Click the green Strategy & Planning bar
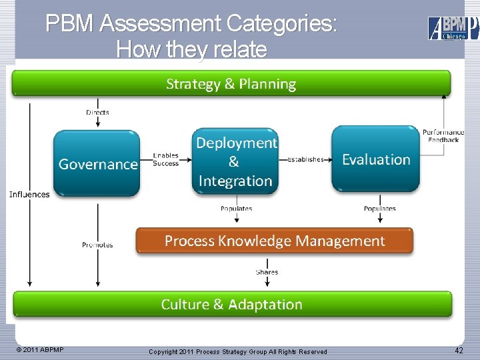click(x=231, y=84)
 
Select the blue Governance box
click(x=97, y=163)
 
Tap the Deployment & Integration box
click(x=235, y=161)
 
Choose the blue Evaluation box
click(x=375, y=159)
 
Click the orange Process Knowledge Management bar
click(x=274, y=241)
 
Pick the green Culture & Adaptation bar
click(x=231, y=304)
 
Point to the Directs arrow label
click(x=98, y=113)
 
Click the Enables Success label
click(x=165, y=159)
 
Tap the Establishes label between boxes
click(x=305, y=160)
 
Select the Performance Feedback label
click(x=443, y=136)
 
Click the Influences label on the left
click(x=29, y=195)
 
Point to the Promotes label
click(x=97, y=245)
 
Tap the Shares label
click(x=267, y=272)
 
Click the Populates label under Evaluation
click(x=379, y=209)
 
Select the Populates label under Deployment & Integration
click(x=236, y=209)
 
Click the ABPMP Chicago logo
click(x=453, y=28)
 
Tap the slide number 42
click(x=459, y=351)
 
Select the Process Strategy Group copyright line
click(x=238, y=351)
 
